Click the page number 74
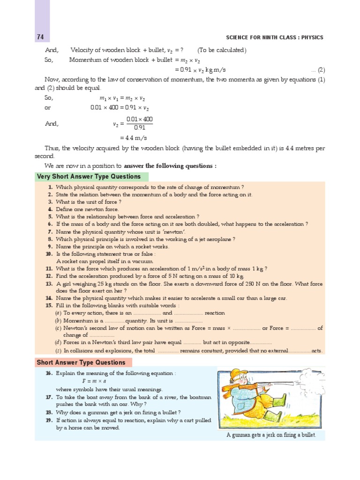40,37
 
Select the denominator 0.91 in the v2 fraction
139,127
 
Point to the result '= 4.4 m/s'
134,138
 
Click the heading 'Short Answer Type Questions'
82,362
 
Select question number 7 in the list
50,232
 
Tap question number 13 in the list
49,284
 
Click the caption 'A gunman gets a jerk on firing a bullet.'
271,435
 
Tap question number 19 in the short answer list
49,420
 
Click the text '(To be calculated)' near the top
222,50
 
